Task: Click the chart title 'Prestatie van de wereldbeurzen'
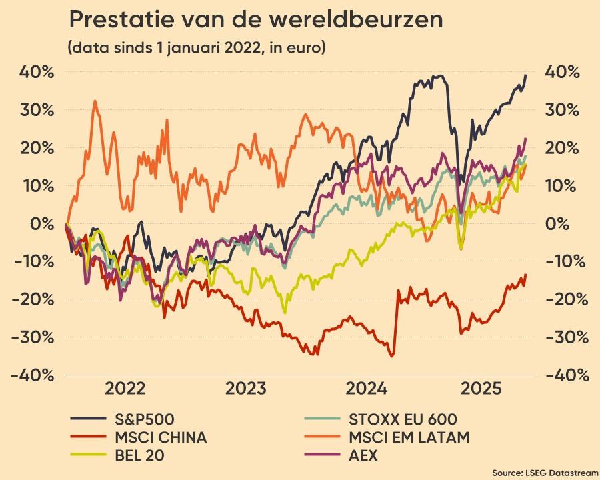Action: coord(256,20)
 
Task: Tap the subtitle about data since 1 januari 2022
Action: coord(196,49)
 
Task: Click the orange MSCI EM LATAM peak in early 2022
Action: coord(95,101)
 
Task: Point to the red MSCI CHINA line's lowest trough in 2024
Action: coord(392,356)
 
